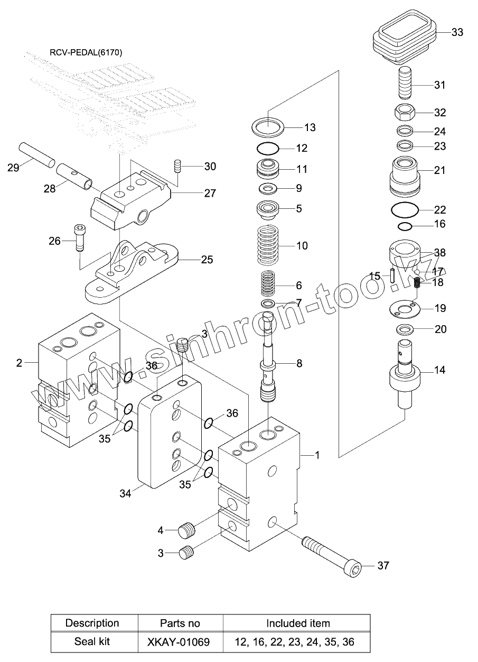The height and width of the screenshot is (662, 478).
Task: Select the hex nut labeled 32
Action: (x=405, y=112)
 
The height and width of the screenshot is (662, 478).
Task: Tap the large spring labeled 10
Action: (x=268, y=245)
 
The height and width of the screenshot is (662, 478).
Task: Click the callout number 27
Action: (x=210, y=194)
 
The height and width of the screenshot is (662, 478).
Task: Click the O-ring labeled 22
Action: (x=405, y=210)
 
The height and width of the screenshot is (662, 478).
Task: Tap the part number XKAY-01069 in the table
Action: (x=179, y=641)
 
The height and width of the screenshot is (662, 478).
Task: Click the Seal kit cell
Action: (x=92, y=641)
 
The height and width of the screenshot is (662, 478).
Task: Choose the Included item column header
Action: (x=298, y=623)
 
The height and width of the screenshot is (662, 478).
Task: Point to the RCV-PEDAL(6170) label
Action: (x=86, y=52)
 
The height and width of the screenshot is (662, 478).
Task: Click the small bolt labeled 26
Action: (x=79, y=238)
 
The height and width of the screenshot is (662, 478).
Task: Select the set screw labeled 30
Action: (x=178, y=167)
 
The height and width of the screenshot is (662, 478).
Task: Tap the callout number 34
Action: (x=125, y=493)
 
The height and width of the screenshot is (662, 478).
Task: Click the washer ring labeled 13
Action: (x=268, y=127)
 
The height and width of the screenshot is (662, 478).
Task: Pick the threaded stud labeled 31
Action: (x=405, y=82)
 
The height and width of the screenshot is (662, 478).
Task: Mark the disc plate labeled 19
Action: (x=405, y=309)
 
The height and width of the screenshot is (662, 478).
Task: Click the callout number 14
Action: (x=439, y=370)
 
